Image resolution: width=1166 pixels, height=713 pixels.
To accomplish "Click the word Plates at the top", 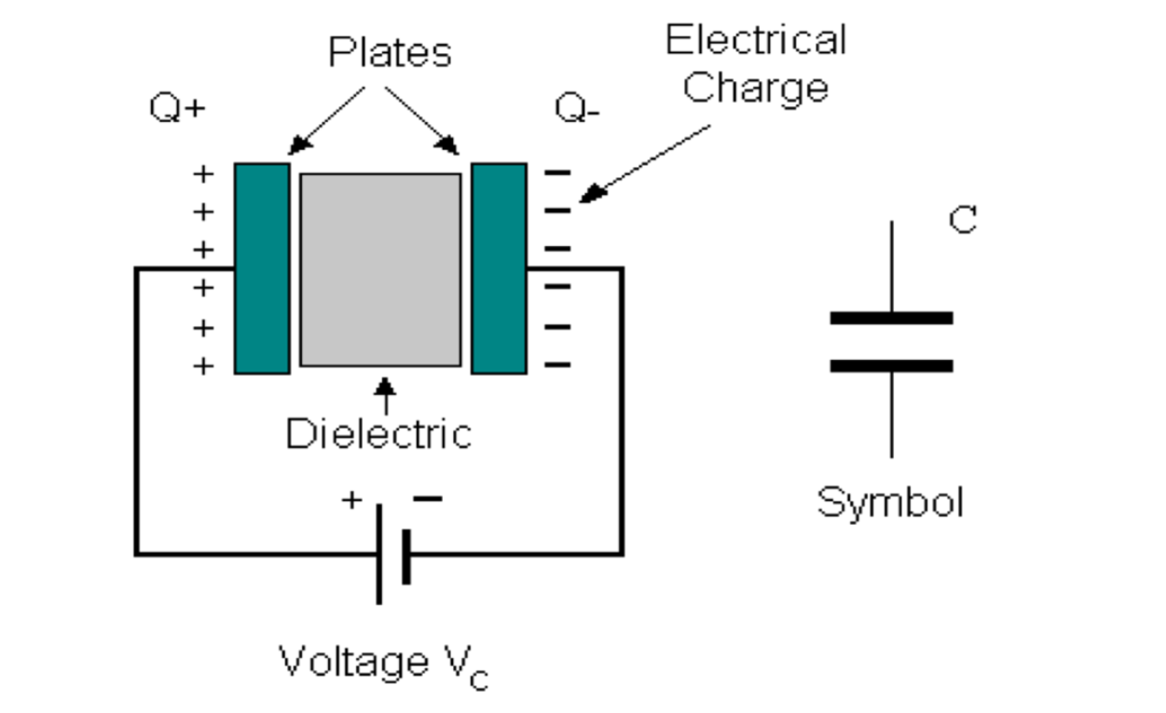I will (390, 53).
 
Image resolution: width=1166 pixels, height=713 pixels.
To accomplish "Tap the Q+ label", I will (176, 108).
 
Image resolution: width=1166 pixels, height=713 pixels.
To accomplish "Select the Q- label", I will (577, 108).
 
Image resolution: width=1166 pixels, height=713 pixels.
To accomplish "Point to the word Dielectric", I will (378, 434).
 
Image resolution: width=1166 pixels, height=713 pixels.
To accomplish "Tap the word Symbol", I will (890, 502).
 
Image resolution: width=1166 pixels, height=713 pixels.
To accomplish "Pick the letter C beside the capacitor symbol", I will (962, 220).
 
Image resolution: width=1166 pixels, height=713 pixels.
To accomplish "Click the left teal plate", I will (262, 268).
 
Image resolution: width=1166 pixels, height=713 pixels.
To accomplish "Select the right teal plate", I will (499, 268).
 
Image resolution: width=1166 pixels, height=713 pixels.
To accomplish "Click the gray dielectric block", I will (380, 269).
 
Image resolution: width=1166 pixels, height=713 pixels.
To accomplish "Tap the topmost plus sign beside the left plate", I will (202, 173).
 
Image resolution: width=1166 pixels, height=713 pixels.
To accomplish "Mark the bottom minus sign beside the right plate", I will (557, 364).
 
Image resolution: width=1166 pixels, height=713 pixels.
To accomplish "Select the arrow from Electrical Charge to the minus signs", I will (643, 162).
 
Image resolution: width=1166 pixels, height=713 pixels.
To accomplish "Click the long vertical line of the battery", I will (378, 554).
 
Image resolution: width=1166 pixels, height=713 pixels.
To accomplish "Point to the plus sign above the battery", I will (351, 500).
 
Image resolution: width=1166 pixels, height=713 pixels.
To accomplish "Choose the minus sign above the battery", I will (427, 499).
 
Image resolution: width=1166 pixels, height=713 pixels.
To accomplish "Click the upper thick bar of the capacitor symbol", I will (891, 318).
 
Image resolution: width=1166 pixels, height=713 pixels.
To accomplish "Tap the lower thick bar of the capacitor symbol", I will (891, 365).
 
